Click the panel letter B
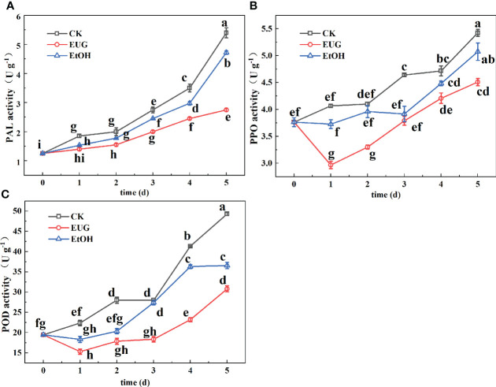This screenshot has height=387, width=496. pyautogui.click(x=255, y=6)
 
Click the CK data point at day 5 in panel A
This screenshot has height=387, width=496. pyautogui.click(x=227, y=33)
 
